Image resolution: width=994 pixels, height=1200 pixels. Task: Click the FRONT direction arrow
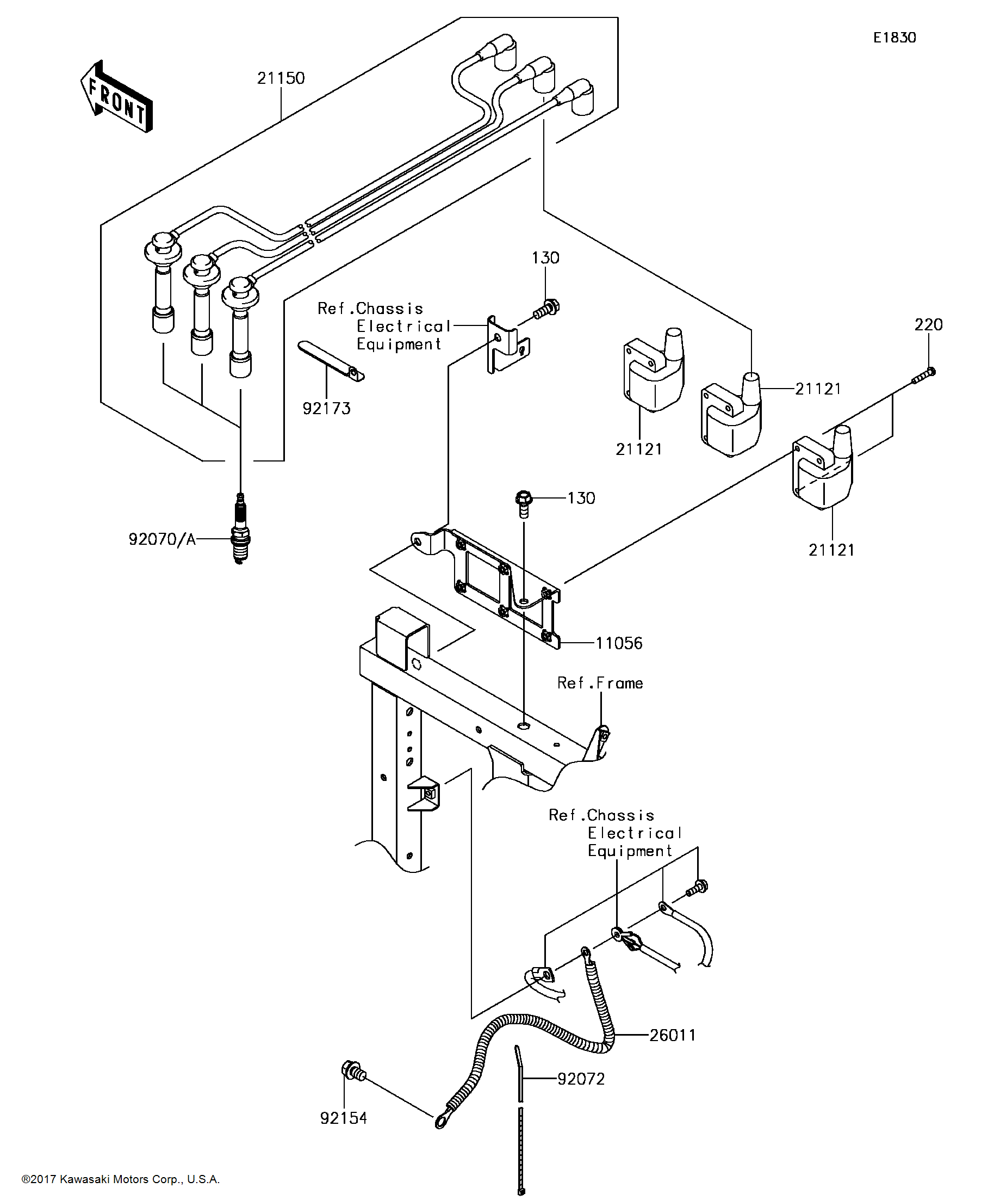[117, 97]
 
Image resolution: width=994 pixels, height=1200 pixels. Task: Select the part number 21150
[281, 78]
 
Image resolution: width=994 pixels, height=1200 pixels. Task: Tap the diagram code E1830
[894, 38]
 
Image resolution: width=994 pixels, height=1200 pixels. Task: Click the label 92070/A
[162, 539]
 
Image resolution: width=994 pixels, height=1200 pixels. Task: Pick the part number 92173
[326, 409]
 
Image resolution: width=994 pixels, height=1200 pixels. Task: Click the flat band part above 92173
[331, 360]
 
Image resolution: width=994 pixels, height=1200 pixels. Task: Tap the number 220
[928, 325]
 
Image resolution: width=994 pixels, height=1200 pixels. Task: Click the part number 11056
[619, 643]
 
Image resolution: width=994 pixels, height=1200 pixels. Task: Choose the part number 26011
[673, 1036]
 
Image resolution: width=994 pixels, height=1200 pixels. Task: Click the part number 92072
[581, 1079]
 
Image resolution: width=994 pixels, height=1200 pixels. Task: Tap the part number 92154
[343, 1118]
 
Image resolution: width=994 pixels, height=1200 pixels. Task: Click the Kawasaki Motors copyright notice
[121, 1179]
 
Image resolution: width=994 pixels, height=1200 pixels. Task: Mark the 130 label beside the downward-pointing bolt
[581, 499]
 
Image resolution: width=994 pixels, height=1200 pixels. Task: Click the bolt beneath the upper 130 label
[546, 309]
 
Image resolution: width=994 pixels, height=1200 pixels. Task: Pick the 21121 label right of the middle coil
[818, 389]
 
